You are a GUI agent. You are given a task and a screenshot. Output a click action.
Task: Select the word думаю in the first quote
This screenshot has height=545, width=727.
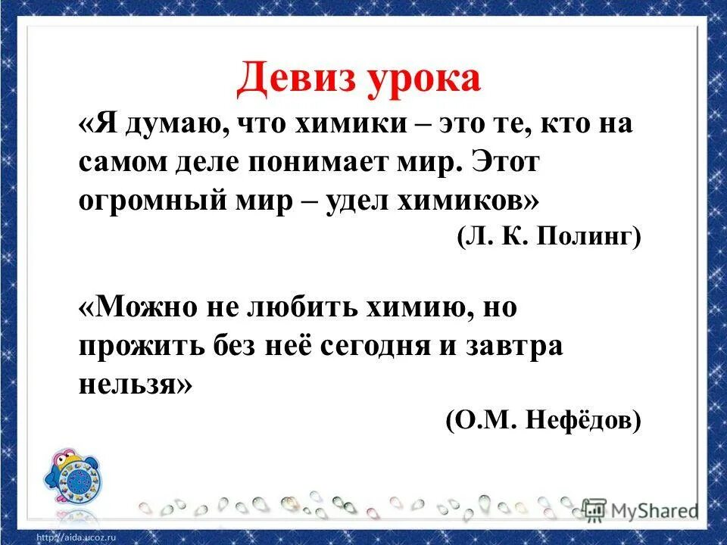(x=161, y=126)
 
